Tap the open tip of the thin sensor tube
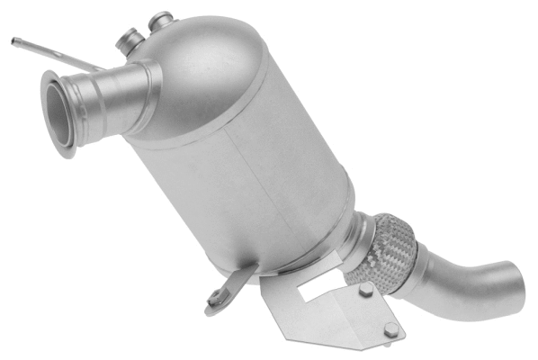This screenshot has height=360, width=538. (x=14, y=40)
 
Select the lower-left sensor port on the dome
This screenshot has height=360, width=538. (x=130, y=40)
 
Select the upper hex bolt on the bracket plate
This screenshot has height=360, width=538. (x=365, y=290)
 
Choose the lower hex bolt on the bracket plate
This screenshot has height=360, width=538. (x=391, y=330)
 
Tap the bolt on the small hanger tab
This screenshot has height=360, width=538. (x=216, y=297)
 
